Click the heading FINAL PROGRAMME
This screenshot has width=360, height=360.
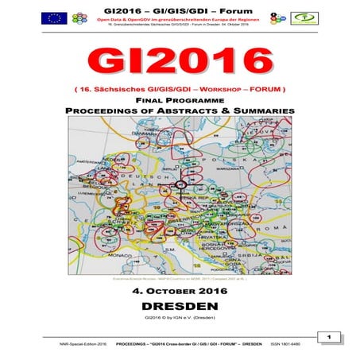tap(180, 100)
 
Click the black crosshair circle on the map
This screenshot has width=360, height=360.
tap(179, 184)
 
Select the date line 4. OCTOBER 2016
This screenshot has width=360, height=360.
tap(180, 291)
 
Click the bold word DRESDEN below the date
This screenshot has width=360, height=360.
tap(180, 305)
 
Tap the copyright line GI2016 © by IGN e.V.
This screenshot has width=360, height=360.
tap(180, 318)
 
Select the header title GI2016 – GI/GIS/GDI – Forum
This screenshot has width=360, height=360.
tap(180, 7)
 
